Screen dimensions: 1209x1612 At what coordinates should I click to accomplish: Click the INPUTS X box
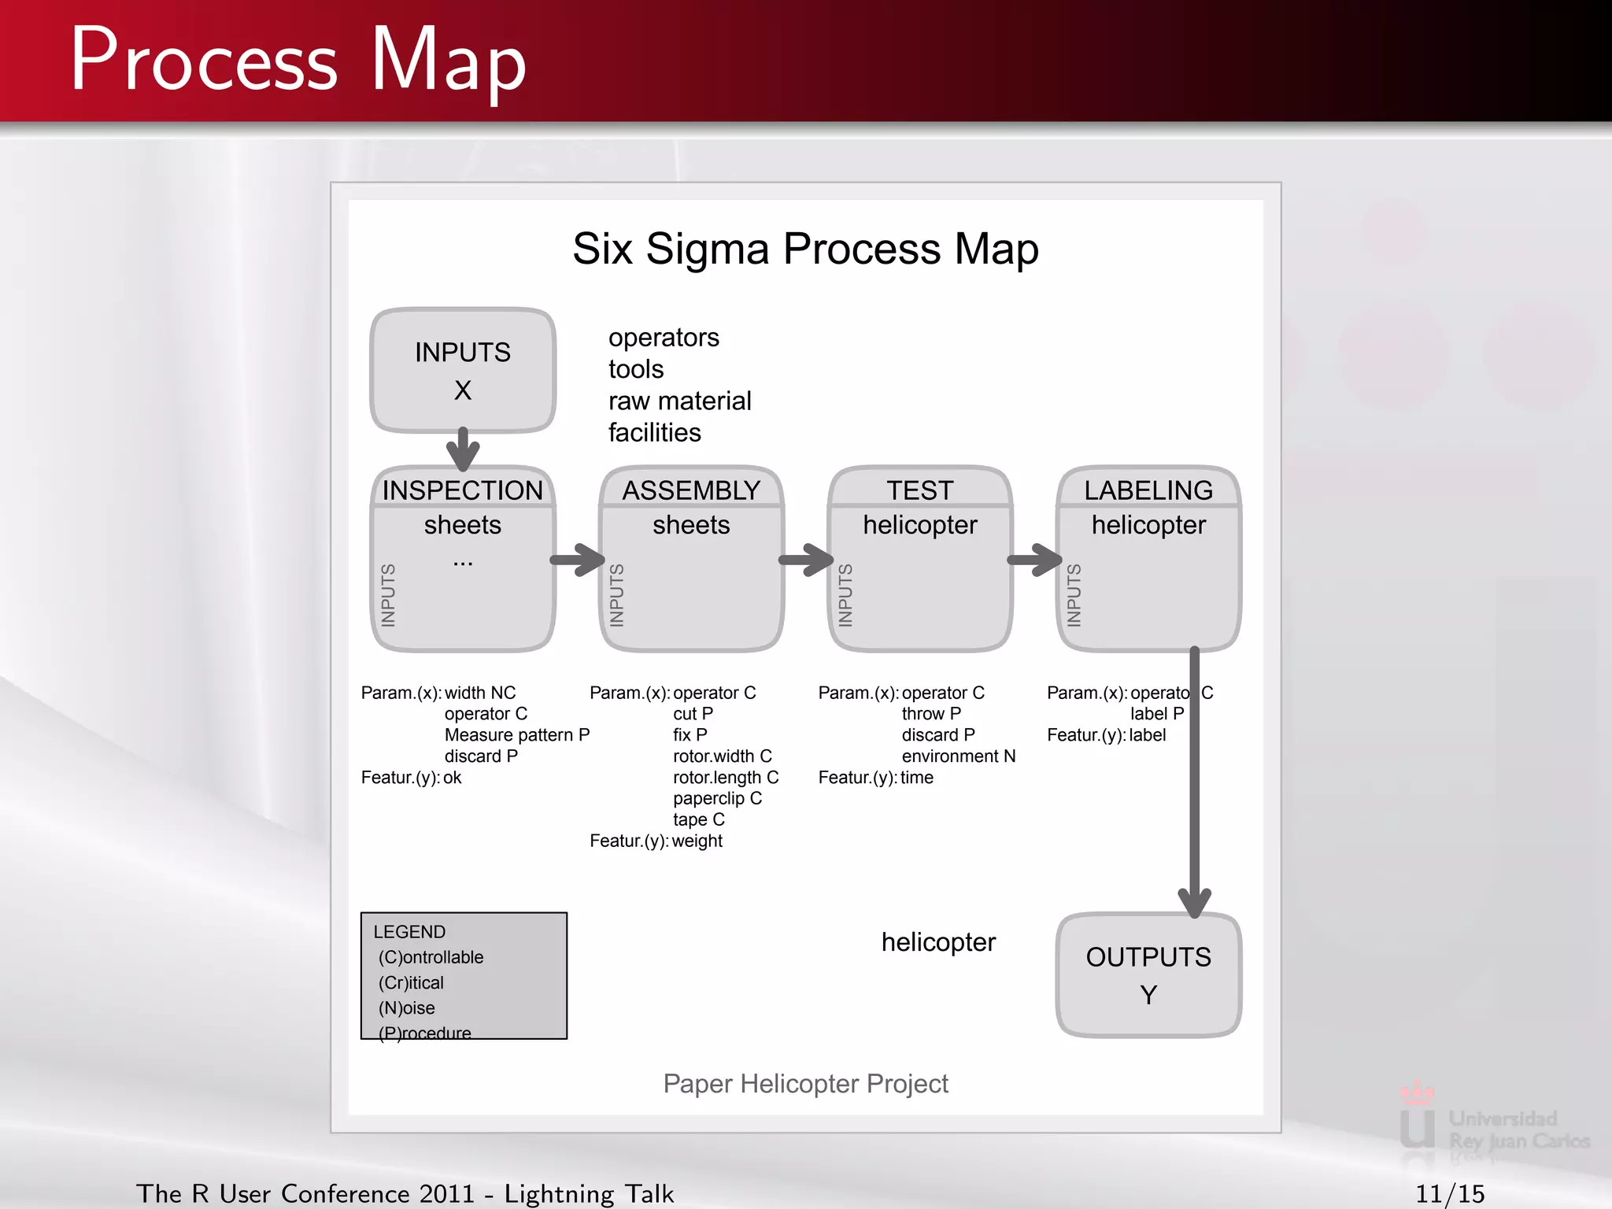463,370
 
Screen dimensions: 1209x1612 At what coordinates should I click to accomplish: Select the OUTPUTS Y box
1148,975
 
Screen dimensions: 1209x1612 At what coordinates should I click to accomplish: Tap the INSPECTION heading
463,490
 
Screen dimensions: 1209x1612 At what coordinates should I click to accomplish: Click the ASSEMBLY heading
691,490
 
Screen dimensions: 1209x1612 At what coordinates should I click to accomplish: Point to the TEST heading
920,490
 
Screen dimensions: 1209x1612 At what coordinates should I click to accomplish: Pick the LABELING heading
1148,490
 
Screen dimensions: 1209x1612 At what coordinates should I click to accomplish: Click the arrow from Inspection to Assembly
578,560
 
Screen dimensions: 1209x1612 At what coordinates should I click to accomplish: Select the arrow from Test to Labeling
1035,560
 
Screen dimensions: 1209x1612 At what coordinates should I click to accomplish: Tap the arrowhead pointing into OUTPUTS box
1194,902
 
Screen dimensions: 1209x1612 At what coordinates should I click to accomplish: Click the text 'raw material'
679,401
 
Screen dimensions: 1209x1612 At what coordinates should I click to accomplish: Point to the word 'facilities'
654,432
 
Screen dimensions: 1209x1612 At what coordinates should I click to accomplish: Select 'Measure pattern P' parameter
516,735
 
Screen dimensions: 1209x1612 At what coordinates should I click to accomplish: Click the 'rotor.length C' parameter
726,778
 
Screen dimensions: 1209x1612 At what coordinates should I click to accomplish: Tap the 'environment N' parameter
958,756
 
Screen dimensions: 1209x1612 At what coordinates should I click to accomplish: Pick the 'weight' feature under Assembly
697,841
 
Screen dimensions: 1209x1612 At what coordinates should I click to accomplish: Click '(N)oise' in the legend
406,1008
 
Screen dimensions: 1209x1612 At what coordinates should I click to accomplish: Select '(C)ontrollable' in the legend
431,957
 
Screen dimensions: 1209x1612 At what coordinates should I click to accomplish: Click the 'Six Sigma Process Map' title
805,249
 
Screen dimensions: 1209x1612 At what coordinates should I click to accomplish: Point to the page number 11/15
1450,1193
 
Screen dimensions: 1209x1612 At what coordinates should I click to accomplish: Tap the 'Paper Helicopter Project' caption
805,1084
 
